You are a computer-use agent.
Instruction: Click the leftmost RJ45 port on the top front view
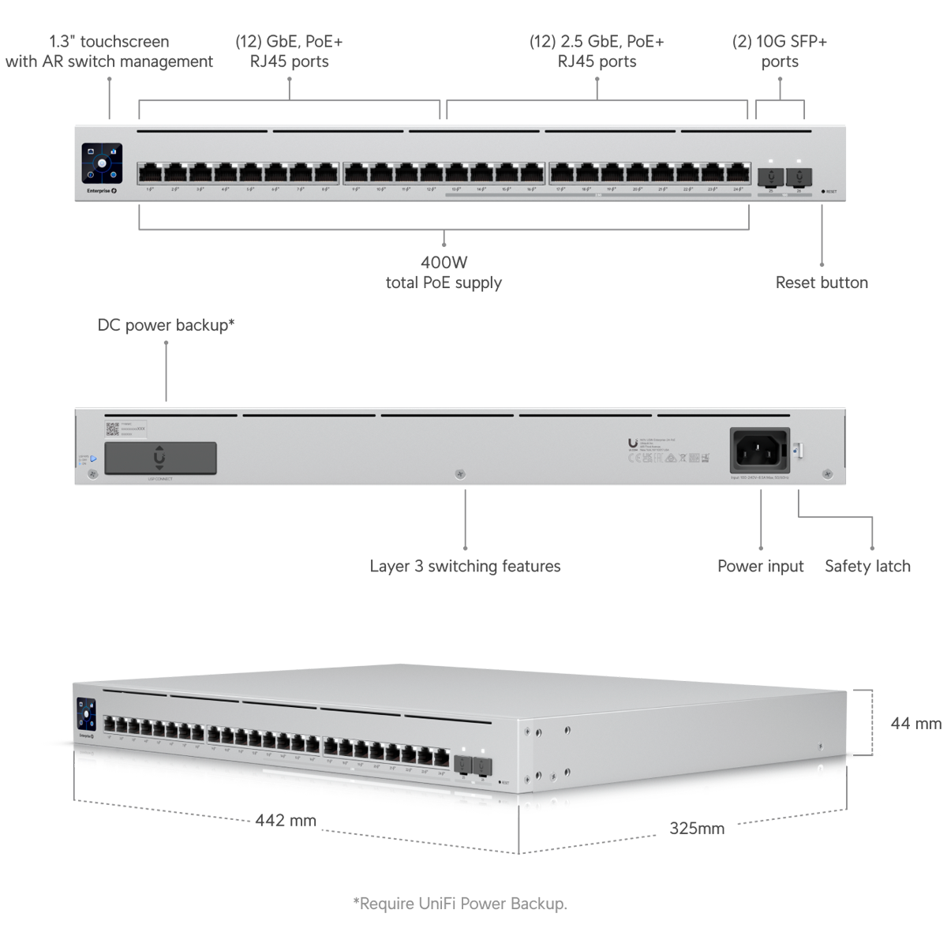[x=150, y=173]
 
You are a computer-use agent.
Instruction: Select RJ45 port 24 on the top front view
[x=738, y=173]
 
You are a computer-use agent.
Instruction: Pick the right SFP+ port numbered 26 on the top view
[x=799, y=174]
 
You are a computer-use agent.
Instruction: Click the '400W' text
[x=444, y=262]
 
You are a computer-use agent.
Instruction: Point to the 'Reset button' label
[x=822, y=283]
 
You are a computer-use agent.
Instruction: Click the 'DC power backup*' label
[x=166, y=325]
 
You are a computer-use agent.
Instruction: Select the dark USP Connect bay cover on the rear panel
[x=160, y=458]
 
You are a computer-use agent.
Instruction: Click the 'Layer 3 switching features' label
[x=465, y=566]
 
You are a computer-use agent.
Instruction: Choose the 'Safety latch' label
[x=867, y=566]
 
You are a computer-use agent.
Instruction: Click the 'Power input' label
[x=760, y=566]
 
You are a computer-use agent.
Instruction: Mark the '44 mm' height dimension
[x=915, y=723]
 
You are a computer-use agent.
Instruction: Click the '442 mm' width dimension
[x=286, y=821]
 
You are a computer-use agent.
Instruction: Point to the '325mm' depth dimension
[x=697, y=828]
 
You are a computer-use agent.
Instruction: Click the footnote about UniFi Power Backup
[x=460, y=904]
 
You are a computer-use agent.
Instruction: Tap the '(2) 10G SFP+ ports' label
[x=780, y=51]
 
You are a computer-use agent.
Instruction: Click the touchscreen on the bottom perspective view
[x=85, y=713]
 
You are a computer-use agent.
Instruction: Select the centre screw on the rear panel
[x=461, y=474]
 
